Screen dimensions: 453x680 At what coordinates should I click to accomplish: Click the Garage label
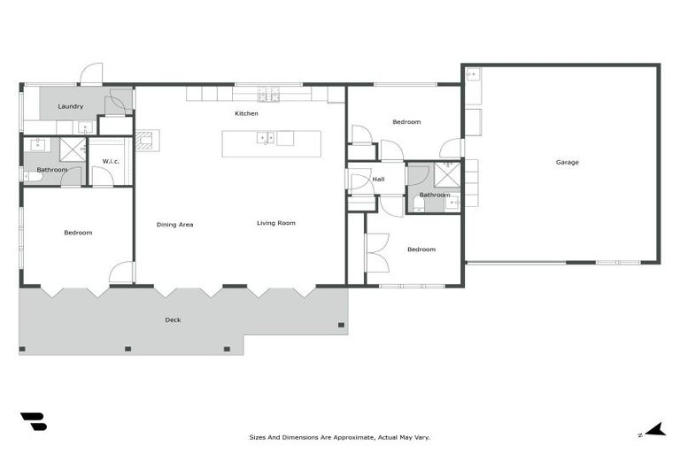567,162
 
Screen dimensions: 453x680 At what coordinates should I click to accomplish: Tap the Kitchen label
246,113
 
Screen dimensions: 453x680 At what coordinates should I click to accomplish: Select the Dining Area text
174,225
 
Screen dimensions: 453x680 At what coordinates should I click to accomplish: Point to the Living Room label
276,223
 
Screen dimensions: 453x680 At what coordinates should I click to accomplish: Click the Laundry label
70,107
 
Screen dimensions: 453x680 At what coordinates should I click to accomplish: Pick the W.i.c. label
111,161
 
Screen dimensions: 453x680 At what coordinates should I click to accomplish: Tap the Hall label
378,179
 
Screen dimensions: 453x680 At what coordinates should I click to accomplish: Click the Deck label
173,319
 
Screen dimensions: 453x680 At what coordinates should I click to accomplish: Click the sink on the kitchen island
264,138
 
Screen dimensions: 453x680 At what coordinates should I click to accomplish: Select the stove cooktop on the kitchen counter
268,94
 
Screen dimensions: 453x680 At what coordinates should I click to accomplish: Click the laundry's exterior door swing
91,73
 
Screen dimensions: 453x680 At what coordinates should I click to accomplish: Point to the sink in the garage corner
472,75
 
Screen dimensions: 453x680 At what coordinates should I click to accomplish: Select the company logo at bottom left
33,422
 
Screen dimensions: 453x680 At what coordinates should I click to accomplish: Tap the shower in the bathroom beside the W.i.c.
72,148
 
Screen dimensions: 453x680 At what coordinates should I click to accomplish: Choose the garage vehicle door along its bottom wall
516,262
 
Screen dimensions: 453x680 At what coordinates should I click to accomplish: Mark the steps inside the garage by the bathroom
471,182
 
